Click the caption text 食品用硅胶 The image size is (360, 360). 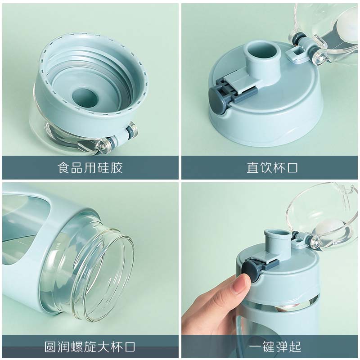[90, 167]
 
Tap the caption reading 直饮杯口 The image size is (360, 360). [272, 167]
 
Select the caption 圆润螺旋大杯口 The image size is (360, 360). [90, 346]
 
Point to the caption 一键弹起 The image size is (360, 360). [275, 346]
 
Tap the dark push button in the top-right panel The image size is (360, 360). [217, 99]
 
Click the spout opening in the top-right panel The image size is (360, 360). [262, 52]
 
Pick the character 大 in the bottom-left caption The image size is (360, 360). [103, 346]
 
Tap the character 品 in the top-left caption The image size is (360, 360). [77, 167]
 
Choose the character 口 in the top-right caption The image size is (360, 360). [292, 167]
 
